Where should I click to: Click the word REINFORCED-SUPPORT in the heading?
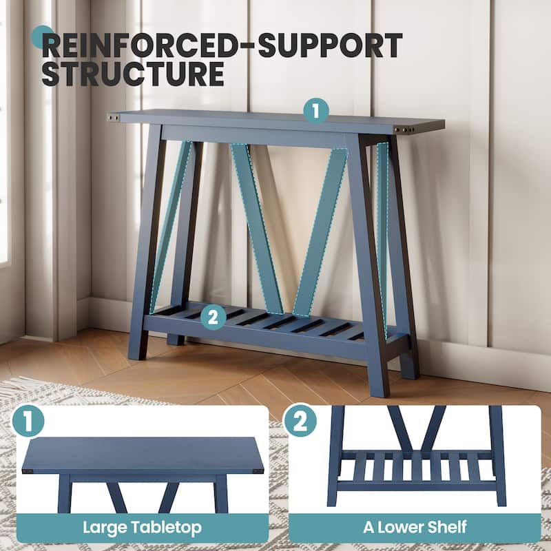(x=222, y=45)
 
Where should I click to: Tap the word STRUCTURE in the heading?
(x=133, y=74)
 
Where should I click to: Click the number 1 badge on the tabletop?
(x=316, y=111)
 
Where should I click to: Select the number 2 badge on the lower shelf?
(x=214, y=317)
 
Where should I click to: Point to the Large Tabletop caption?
(x=143, y=528)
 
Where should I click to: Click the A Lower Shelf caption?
(x=415, y=527)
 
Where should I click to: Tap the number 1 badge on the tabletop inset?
(x=28, y=421)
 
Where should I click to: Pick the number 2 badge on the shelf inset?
(x=300, y=421)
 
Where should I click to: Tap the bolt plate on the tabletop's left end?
(x=114, y=118)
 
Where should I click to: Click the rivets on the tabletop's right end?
(x=404, y=129)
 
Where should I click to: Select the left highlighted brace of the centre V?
(x=257, y=229)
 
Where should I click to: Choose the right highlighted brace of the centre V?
(x=320, y=232)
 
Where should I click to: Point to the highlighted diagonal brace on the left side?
(x=170, y=227)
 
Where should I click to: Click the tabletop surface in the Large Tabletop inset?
(x=143, y=455)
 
